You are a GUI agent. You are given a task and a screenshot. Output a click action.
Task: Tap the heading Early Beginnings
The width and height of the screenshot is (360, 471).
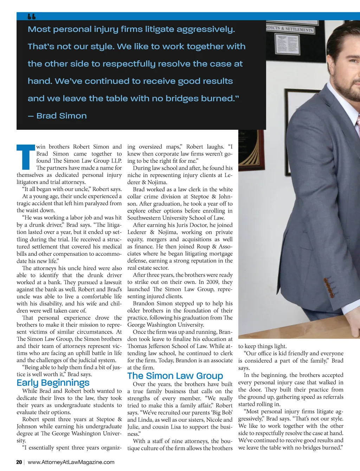[53, 383]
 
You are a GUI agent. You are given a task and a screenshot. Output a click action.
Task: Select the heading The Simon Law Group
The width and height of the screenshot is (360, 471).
[175, 376]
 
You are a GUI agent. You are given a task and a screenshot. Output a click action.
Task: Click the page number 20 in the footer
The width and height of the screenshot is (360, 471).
[19, 462]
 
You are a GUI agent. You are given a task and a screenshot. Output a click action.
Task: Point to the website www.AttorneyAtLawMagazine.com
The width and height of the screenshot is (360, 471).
[71, 462]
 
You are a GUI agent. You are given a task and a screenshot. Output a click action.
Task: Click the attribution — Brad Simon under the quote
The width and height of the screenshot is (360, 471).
[57, 116]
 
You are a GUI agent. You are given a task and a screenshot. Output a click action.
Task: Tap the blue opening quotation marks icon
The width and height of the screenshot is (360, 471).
[32, 17]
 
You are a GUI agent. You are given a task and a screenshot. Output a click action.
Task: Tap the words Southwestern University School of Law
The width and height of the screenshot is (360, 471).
[176, 218]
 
